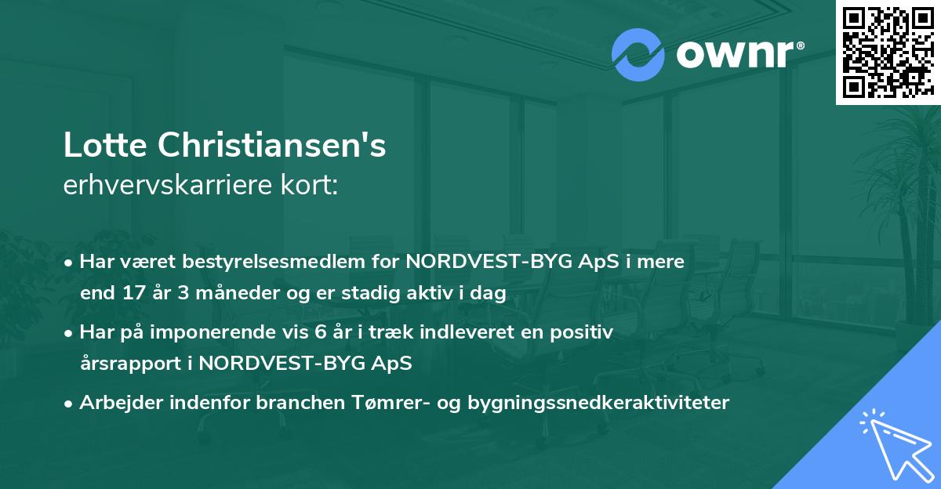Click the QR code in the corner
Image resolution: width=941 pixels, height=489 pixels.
pos(888,52)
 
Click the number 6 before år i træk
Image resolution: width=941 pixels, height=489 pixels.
pos(319,332)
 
